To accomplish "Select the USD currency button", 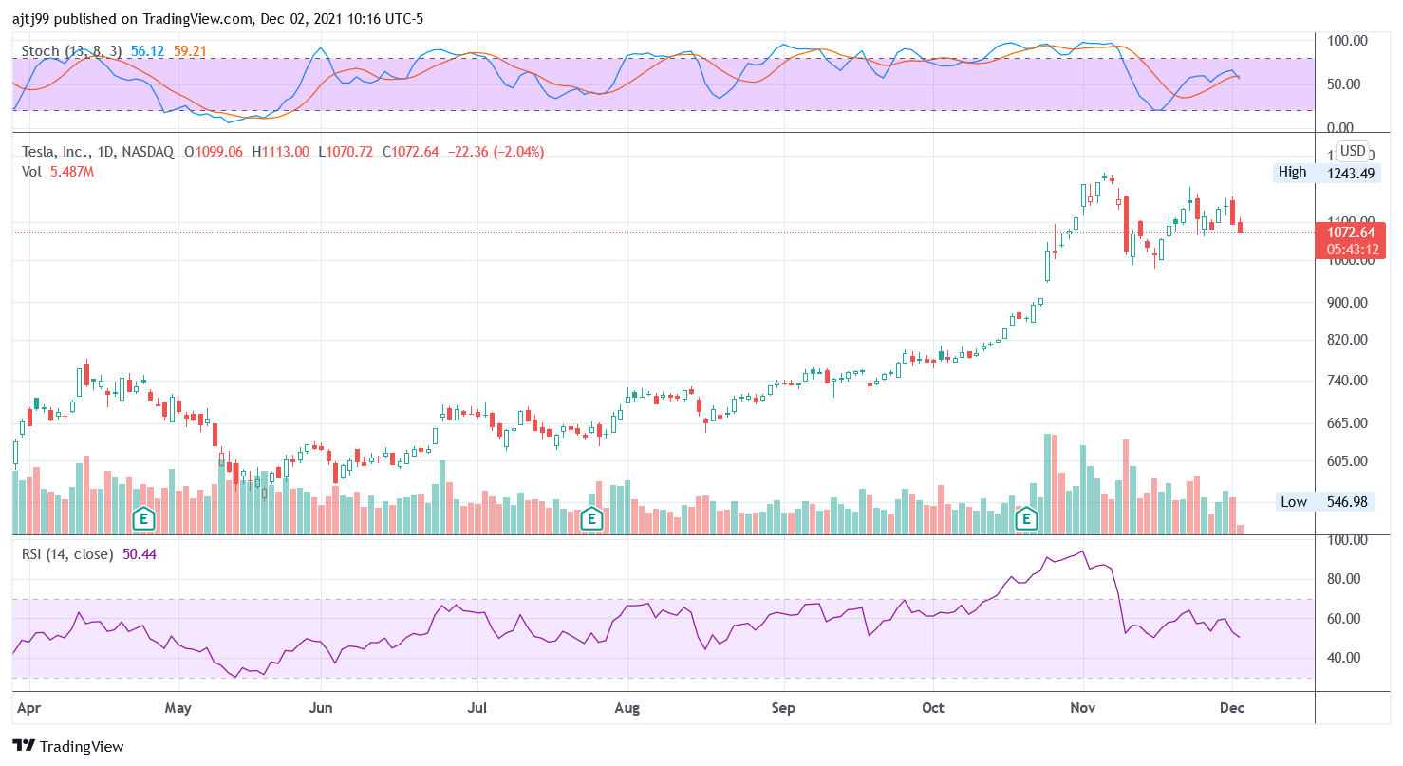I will click(x=1352, y=151).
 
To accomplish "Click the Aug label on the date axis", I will click(x=627, y=708).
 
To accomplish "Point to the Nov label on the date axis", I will click(x=1082, y=708).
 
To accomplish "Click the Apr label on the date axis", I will click(x=28, y=708).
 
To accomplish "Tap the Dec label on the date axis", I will click(x=1232, y=708).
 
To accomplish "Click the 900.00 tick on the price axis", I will click(x=1348, y=303).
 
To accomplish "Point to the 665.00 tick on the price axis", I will click(x=1348, y=423).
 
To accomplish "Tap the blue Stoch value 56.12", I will click(x=147, y=50).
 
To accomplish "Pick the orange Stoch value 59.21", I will click(x=192, y=50).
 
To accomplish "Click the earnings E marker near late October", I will click(x=1026, y=518).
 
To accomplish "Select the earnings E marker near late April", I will click(x=143, y=518).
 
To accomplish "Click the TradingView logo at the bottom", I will click(x=68, y=746).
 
